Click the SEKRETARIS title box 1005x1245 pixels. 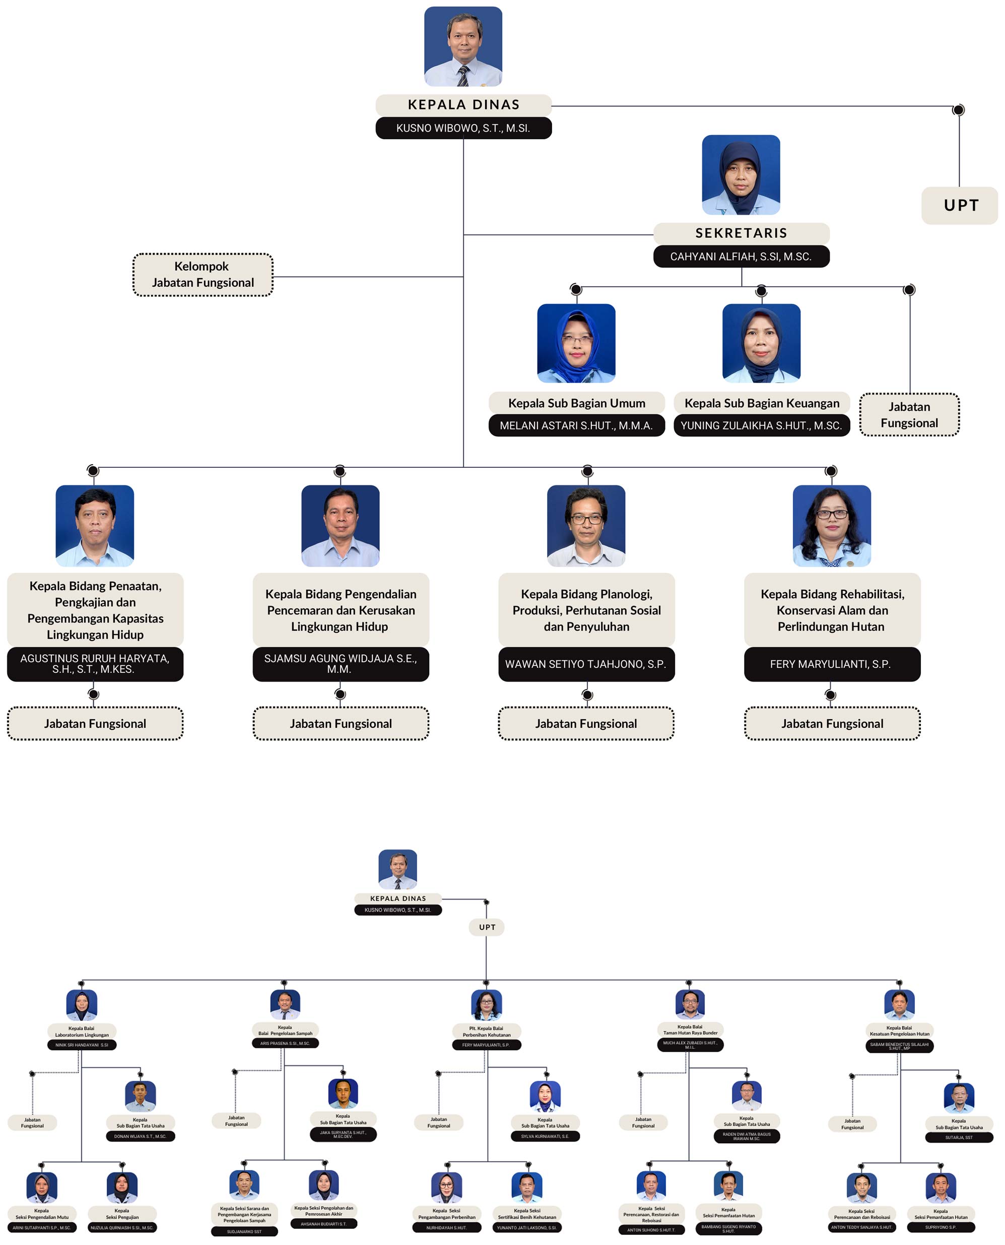(741, 233)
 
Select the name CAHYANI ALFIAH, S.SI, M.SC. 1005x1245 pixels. (741, 257)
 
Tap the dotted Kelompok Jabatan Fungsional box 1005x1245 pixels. (203, 275)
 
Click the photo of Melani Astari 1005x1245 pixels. (576, 343)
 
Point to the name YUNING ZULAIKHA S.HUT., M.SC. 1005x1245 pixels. (761, 425)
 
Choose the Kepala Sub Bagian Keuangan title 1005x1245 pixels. (761, 403)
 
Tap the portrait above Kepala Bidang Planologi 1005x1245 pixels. (586, 525)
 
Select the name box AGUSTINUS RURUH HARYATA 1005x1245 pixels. (95, 664)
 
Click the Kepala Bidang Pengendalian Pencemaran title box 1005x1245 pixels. (341, 610)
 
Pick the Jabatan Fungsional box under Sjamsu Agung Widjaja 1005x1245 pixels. (341, 724)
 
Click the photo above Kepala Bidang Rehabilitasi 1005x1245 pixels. (831, 525)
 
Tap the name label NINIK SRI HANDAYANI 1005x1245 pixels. (82, 1045)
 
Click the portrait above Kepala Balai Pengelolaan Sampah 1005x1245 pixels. (285, 1004)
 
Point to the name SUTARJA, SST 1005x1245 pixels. (959, 1137)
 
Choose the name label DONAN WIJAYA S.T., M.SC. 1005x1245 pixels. (140, 1136)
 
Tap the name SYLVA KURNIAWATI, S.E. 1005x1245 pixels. (545, 1136)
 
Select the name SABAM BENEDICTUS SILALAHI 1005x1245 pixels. (899, 1046)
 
